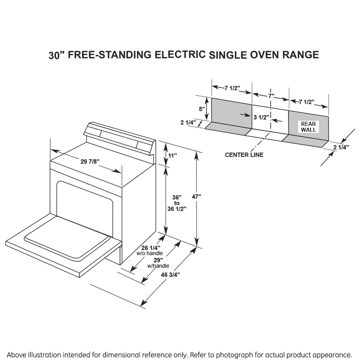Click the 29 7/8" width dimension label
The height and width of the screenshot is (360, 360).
tap(90, 162)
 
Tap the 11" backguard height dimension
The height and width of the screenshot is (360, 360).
tap(172, 156)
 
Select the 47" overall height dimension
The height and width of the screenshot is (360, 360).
tap(196, 196)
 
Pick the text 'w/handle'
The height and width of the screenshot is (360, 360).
tap(158, 266)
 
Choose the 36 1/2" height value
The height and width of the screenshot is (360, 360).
tap(177, 209)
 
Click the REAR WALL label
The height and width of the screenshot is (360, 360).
tap(308, 127)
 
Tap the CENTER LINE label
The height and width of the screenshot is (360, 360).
tap(244, 155)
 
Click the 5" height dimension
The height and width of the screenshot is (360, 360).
tap(202, 108)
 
